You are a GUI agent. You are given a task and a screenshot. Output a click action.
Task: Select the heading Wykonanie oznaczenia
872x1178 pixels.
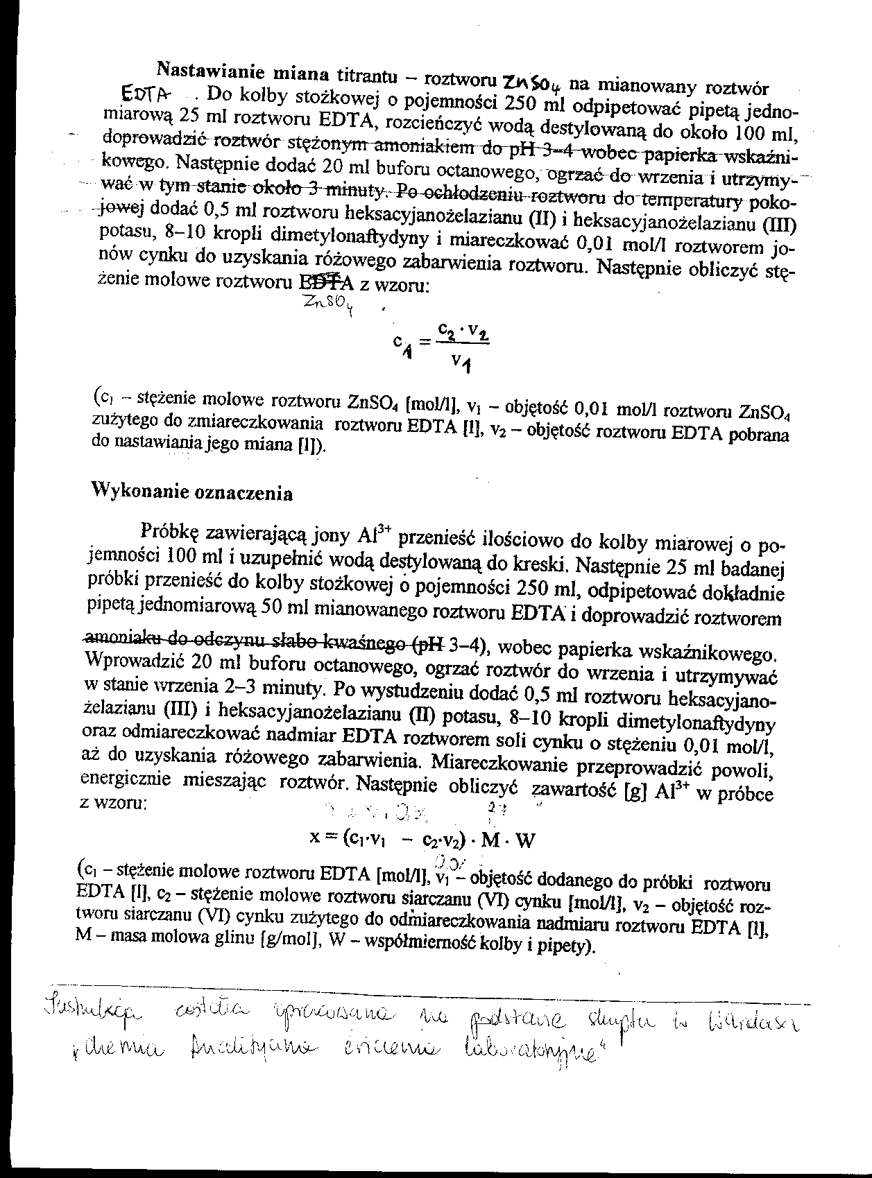pyautogui.click(x=192, y=492)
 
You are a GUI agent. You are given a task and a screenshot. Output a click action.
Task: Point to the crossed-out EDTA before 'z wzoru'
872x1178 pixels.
pyautogui.click(x=325, y=281)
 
